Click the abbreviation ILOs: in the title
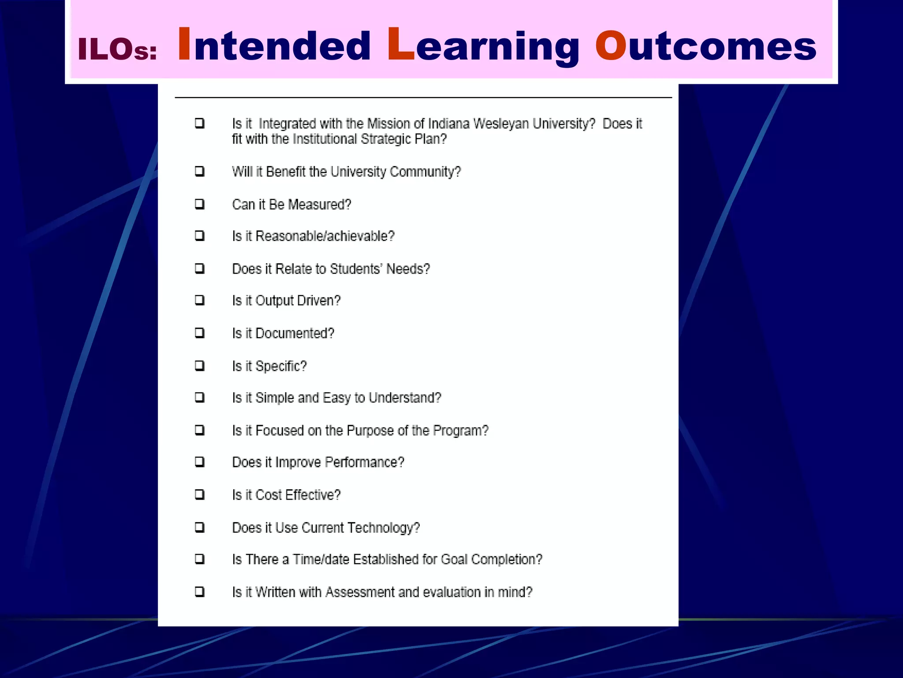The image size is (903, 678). (x=117, y=49)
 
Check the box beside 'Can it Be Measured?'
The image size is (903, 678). (x=200, y=204)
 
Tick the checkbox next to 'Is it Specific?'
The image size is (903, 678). (x=200, y=366)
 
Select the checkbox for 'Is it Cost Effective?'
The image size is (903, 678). (x=200, y=494)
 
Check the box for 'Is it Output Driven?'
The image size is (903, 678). (x=200, y=301)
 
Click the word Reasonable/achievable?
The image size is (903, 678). (x=325, y=236)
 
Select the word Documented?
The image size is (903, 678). (x=295, y=333)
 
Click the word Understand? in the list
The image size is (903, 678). (x=405, y=398)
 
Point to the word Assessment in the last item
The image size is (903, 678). (x=360, y=592)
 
